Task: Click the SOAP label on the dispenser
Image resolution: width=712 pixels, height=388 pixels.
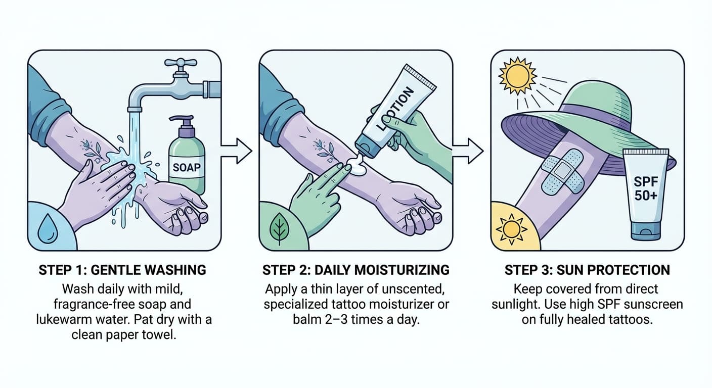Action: [186, 167]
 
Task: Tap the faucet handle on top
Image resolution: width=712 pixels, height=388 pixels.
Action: [180, 62]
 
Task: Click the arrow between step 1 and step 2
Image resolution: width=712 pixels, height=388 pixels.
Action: [237, 151]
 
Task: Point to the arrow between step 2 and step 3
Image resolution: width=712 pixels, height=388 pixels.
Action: [468, 151]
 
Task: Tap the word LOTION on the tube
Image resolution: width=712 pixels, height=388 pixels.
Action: [396, 108]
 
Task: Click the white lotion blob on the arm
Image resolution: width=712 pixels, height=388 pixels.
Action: [357, 166]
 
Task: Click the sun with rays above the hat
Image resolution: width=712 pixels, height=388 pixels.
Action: [517, 76]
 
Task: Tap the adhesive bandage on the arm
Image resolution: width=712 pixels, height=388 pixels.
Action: [562, 171]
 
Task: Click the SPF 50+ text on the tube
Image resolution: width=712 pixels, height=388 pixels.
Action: [646, 188]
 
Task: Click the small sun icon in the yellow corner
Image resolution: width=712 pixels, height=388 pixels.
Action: [511, 229]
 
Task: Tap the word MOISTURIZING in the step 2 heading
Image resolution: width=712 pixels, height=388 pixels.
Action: [402, 270]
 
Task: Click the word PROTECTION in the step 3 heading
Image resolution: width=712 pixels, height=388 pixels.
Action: [629, 270]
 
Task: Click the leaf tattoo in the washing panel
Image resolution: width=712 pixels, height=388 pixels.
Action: [93, 149]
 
